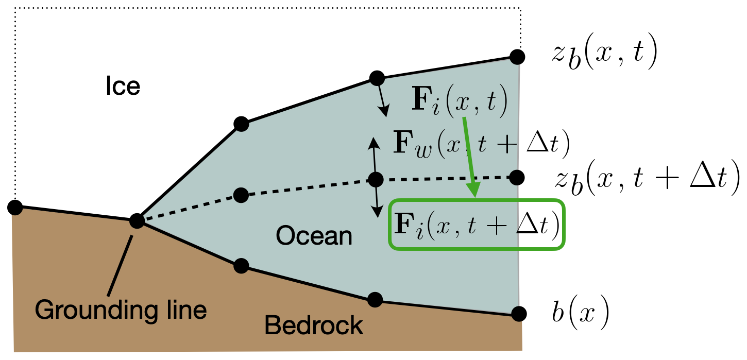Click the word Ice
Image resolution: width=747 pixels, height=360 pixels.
(x=123, y=86)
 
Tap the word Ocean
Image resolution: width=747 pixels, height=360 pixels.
(x=314, y=236)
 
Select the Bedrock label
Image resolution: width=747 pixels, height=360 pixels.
(x=313, y=325)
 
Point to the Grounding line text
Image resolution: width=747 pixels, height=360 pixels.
(x=121, y=310)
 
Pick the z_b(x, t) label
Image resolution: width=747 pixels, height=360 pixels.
(x=604, y=53)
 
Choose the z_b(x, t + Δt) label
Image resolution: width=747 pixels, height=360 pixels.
(x=647, y=178)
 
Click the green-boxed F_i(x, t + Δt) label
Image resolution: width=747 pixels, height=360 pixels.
(x=477, y=224)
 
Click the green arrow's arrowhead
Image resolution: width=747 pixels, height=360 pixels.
(x=473, y=190)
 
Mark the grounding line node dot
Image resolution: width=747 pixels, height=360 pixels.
(x=137, y=220)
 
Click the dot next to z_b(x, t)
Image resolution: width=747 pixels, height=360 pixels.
(x=517, y=57)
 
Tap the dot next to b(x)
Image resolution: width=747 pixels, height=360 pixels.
(x=519, y=314)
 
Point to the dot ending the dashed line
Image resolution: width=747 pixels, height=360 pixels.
(x=517, y=177)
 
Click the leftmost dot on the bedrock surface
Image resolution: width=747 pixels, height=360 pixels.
(x=15, y=208)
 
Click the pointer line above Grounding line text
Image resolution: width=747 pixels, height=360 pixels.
(x=120, y=266)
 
